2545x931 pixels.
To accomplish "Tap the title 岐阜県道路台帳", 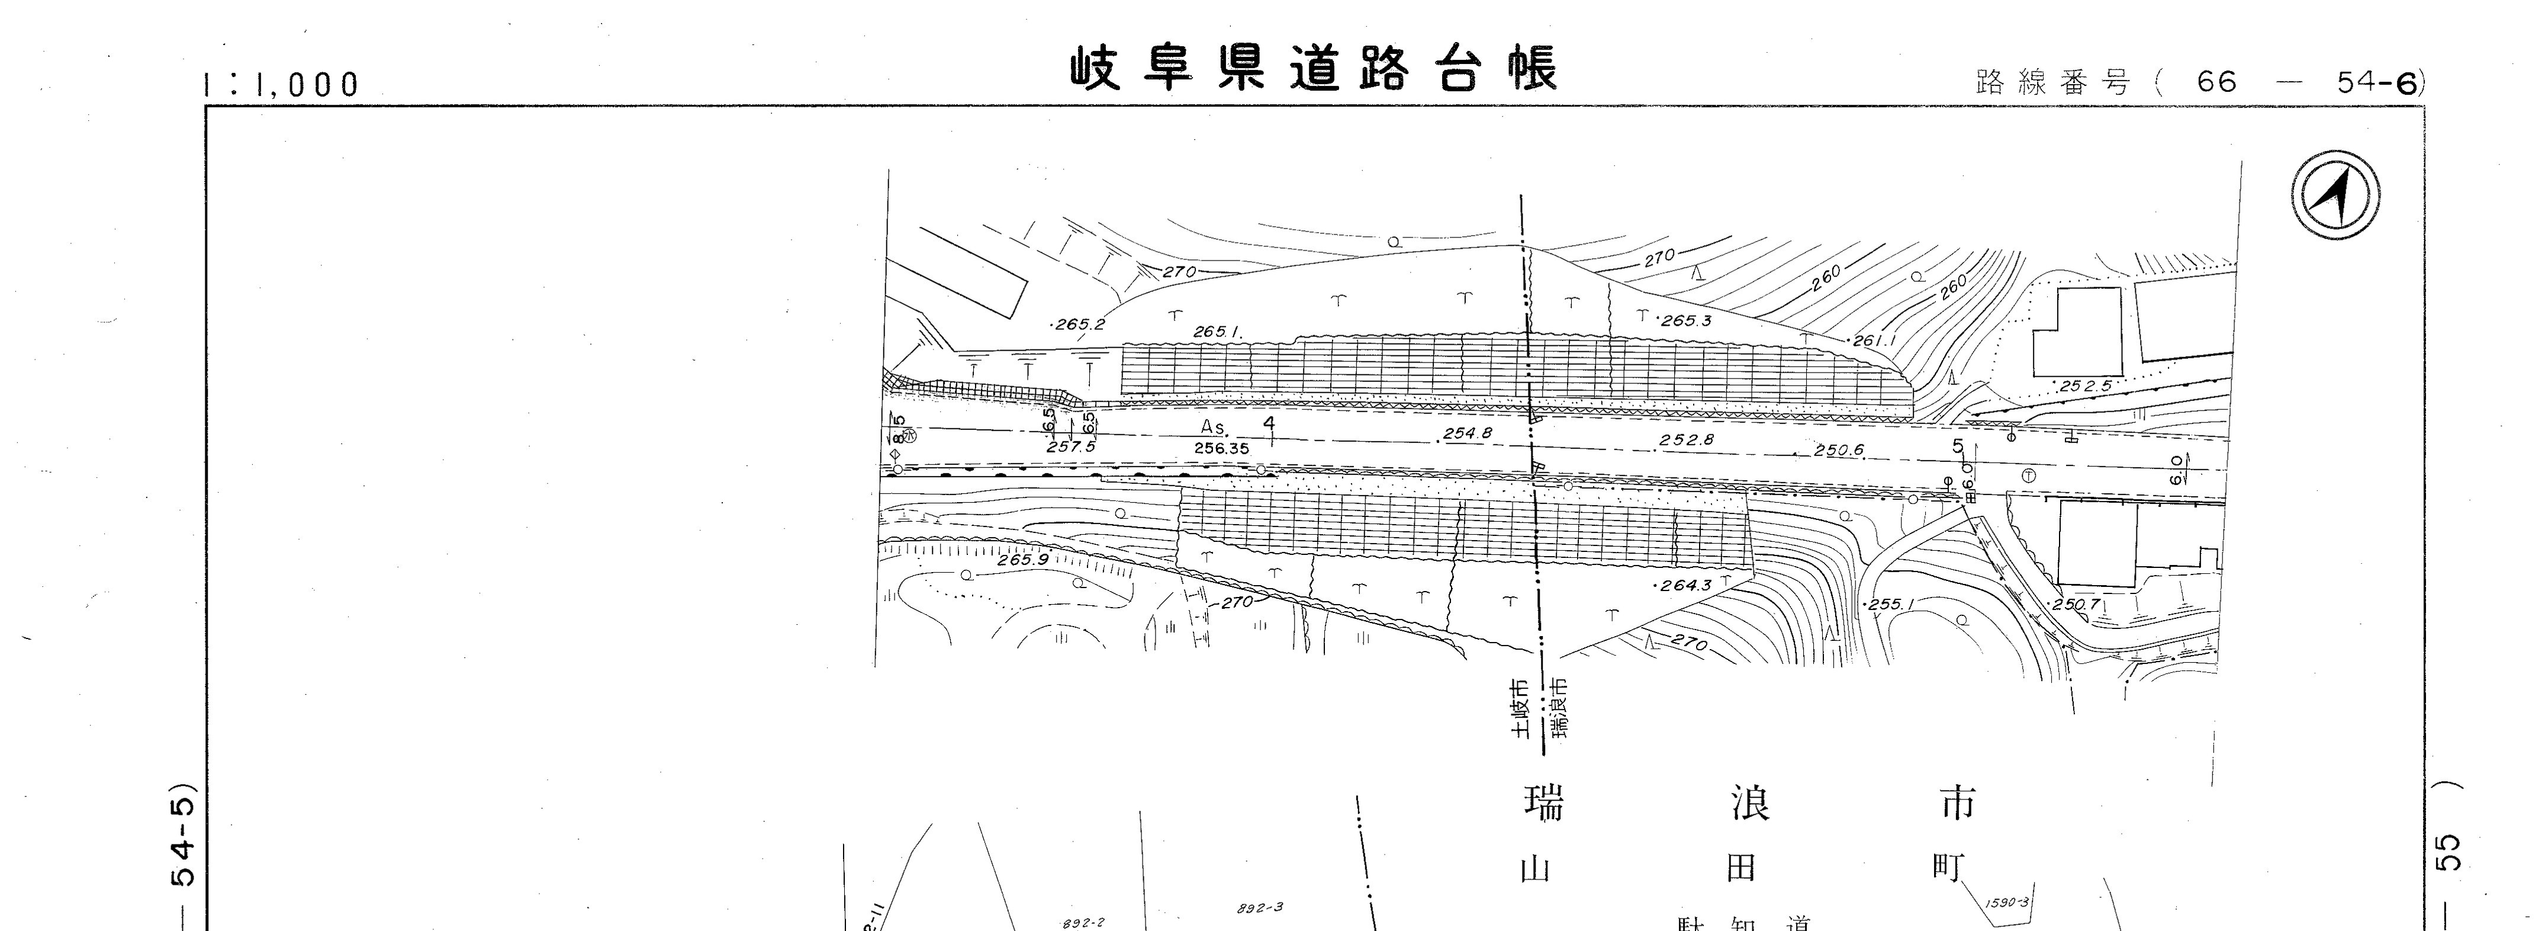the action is (1315, 69).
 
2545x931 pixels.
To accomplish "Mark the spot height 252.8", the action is (1687, 440).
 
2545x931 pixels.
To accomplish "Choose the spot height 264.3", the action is (1684, 585).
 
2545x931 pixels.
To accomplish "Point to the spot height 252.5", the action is (2084, 386).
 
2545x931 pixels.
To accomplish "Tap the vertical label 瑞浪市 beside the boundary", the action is (1559, 708).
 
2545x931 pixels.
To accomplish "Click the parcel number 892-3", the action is (1260, 907).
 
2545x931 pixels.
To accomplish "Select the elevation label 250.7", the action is (2076, 604).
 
